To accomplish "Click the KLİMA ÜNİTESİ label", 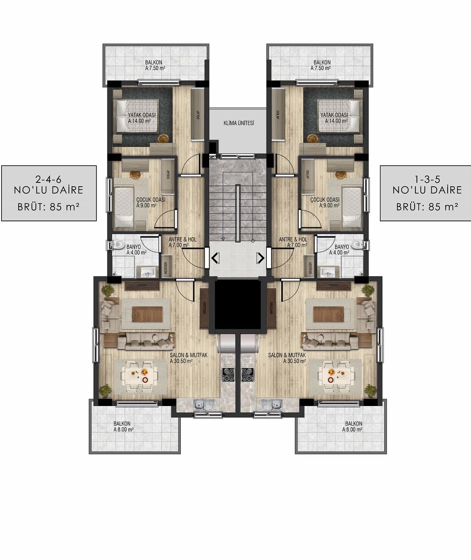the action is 238,123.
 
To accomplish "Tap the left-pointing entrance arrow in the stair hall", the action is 215,258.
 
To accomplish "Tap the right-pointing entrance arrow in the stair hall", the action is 260,258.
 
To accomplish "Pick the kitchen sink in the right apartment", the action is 271,404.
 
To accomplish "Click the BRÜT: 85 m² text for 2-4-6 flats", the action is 49,206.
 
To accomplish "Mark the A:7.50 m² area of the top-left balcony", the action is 155,68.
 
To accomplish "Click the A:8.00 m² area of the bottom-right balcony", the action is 352,429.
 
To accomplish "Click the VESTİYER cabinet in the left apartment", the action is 166,266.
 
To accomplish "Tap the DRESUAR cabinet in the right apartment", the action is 271,308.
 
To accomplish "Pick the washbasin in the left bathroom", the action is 147,271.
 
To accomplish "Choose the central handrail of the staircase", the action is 238,213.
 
